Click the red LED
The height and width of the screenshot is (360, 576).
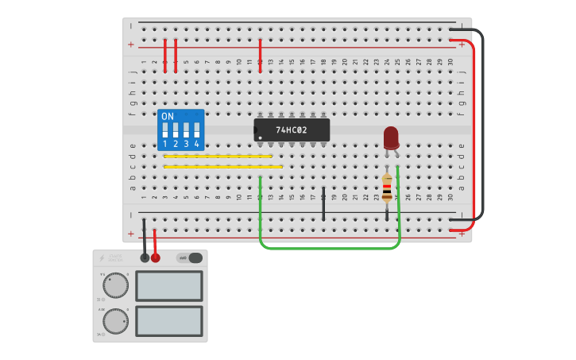(391, 137)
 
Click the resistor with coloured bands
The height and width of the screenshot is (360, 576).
(387, 189)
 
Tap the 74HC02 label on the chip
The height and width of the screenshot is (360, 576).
(292, 130)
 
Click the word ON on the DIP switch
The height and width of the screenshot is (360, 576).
(168, 116)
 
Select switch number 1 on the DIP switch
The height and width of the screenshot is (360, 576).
(165, 130)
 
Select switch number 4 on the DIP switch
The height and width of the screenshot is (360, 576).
(196, 130)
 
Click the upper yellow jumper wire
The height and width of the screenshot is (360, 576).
(218, 157)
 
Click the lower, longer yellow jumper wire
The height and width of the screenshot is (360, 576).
(222, 167)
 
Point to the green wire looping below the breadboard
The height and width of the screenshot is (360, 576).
(330, 248)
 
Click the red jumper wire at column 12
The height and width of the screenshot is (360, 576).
(260, 56)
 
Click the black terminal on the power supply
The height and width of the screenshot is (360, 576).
(145, 257)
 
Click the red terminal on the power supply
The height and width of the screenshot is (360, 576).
(155, 257)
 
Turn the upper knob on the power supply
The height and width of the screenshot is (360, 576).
(116, 285)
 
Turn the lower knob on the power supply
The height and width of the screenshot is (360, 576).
(116, 321)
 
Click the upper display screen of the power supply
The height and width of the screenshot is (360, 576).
(168, 286)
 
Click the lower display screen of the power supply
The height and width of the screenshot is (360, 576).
(168, 321)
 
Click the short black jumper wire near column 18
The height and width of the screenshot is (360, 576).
(323, 204)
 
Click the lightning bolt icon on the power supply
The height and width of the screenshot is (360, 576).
(102, 258)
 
